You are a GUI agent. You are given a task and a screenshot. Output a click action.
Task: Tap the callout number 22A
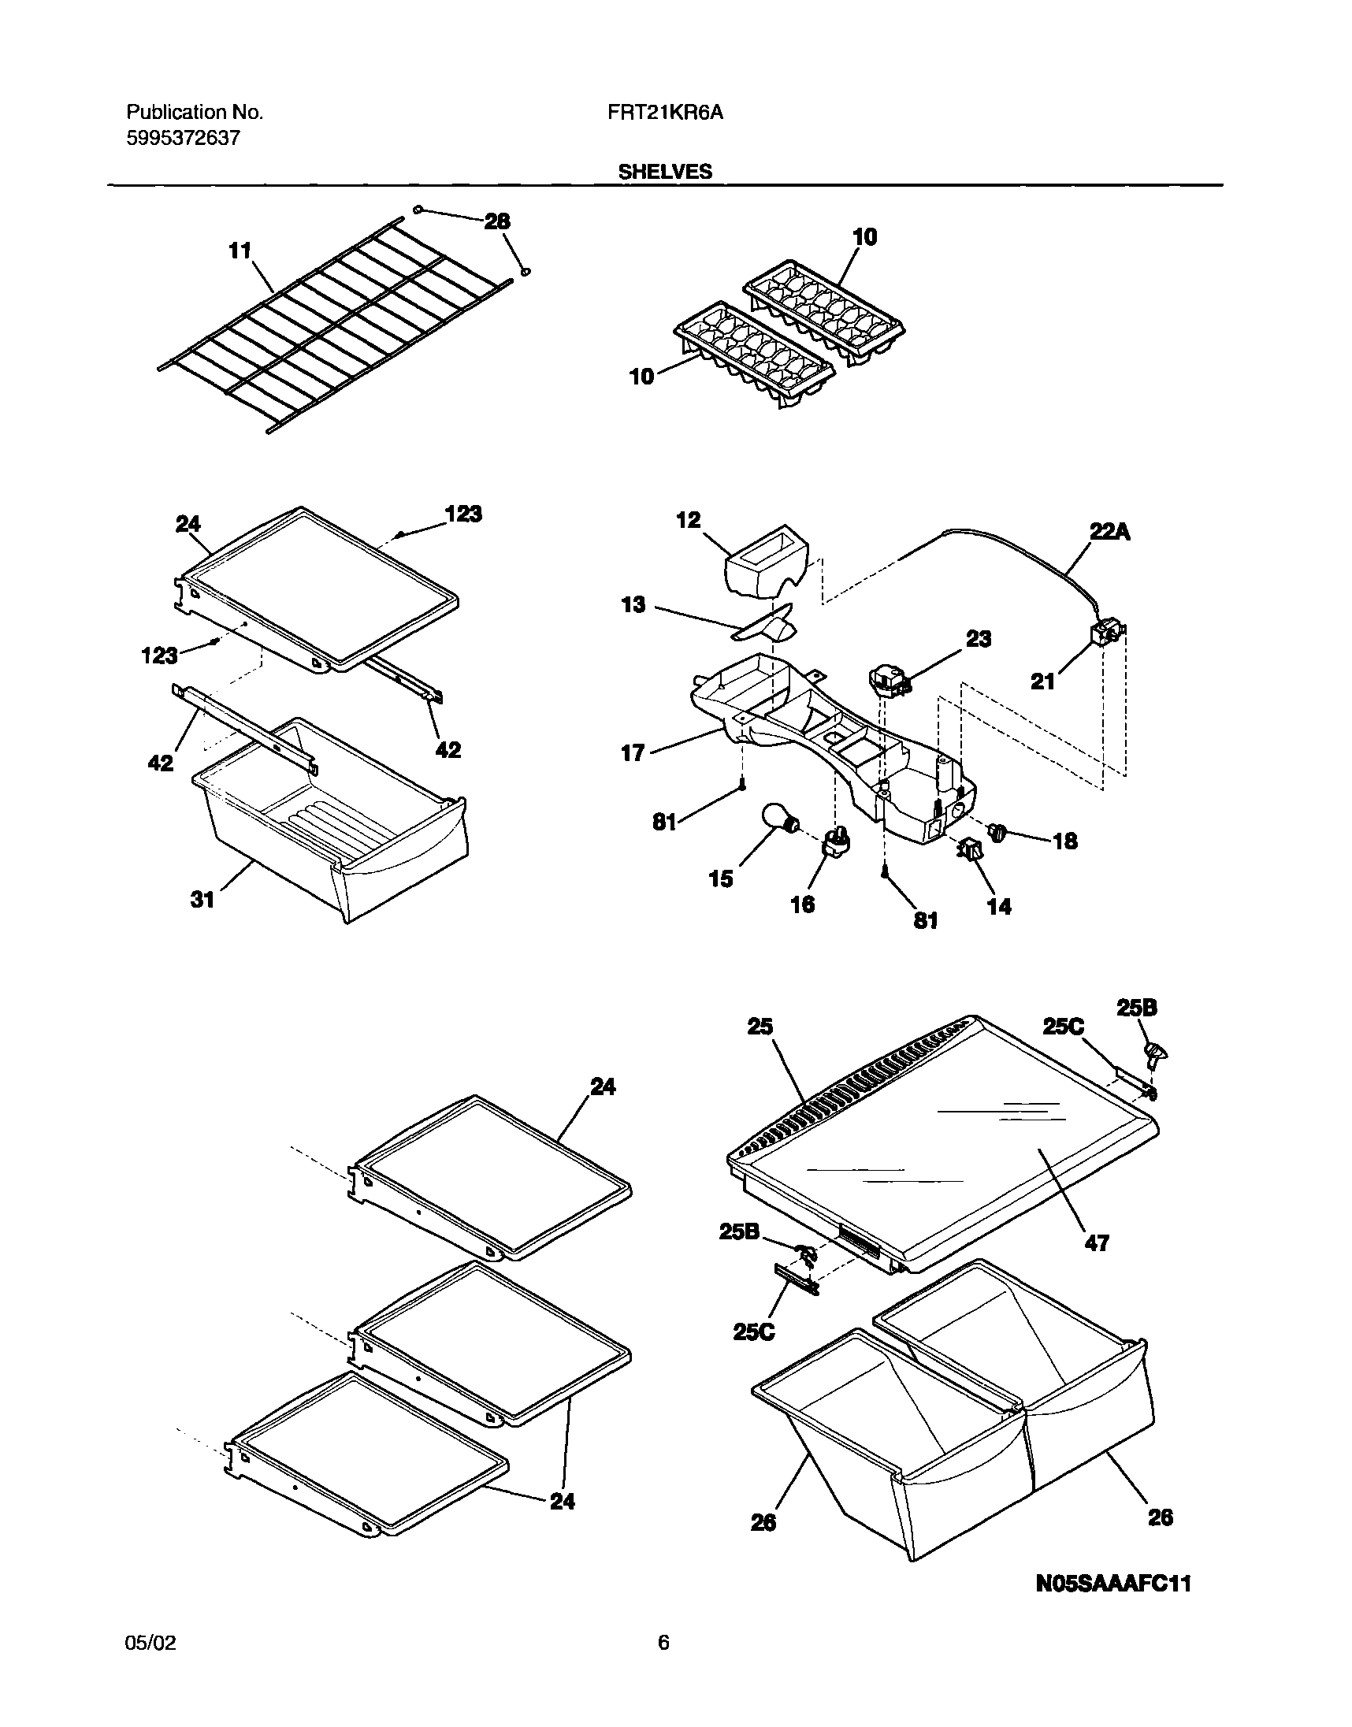coord(1110,533)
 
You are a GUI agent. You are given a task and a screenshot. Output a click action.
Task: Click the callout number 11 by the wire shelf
coord(240,251)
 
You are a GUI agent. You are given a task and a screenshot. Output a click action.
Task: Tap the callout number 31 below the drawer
coord(202,900)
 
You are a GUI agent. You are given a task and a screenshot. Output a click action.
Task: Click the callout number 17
coord(633,752)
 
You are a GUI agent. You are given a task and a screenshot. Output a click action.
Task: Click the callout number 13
coord(633,606)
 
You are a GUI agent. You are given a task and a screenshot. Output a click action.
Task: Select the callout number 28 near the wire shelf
coord(497,221)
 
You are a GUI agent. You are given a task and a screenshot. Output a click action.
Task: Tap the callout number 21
coord(1042,681)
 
